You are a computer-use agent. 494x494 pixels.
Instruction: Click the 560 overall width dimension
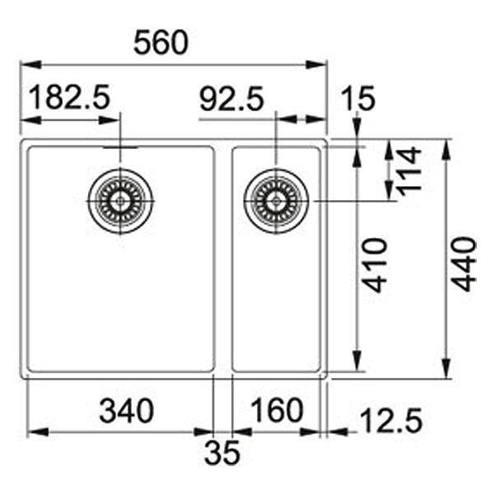tap(161, 43)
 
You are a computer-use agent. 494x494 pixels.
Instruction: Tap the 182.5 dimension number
tap(70, 97)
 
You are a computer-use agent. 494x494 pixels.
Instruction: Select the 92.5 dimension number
tap(231, 99)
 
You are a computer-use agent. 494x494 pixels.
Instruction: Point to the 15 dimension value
tap(358, 98)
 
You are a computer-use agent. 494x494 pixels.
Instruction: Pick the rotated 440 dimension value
tap(464, 264)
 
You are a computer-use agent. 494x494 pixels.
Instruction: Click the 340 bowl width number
tap(126, 411)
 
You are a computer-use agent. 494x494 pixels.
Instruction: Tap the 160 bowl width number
tap(277, 409)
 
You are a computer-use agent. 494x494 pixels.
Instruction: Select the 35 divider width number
tap(222, 452)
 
